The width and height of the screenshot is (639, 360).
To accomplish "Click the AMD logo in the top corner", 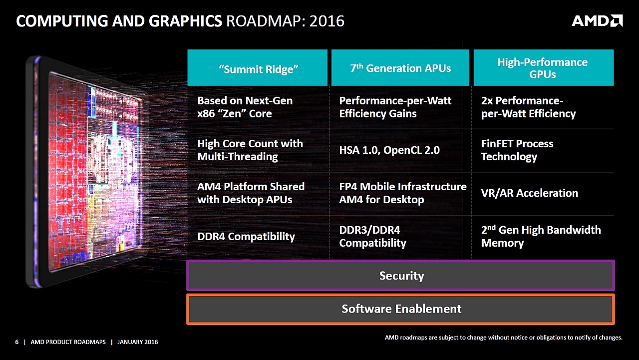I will pos(597,20).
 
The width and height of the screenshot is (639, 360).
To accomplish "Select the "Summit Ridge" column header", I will pos(258,68).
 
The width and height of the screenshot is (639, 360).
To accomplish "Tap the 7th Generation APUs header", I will pos(400,68).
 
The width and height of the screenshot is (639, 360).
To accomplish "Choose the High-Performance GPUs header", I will pos(543,68).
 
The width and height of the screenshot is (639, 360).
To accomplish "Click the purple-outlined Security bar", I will pos(400,276).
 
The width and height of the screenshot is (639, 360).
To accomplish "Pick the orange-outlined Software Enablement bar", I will pos(400,309).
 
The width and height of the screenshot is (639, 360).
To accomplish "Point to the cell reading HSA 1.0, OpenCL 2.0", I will pos(389,150).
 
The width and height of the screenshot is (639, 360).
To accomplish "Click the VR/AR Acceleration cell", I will pos(529,193).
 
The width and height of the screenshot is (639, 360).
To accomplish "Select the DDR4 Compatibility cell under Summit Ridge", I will pos(246,236).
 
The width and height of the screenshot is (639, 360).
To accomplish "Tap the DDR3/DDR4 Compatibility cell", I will pos(372,236).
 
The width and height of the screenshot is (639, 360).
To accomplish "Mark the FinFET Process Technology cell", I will pos(517,150).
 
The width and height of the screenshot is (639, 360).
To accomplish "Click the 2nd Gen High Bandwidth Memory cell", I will pos(541,236).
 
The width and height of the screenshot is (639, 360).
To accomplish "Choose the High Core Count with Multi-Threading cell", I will pos(250,150).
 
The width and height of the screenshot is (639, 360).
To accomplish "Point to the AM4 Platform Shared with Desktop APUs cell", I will pos(251,193).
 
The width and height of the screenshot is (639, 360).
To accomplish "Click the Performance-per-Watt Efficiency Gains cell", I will pos(395,107).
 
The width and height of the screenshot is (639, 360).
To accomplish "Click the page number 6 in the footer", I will pos(17,342).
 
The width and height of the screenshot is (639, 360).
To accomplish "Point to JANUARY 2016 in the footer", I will pos(137,342).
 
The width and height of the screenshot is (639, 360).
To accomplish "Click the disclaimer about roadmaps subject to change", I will pos(504,338).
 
